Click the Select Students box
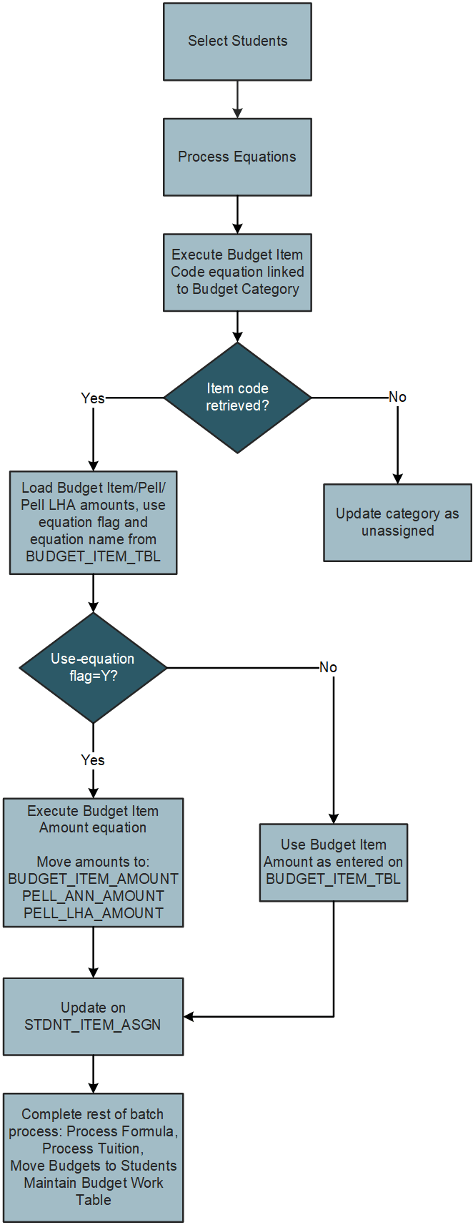(237, 41)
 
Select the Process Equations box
(237, 157)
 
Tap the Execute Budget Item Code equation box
(237, 272)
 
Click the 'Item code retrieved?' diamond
(237, 397)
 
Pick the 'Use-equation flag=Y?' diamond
(93, 667)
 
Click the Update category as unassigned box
(397, 522)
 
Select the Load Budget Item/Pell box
(93, 522)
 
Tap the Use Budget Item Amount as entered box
(333, 862)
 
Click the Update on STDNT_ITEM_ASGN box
(93, 1016)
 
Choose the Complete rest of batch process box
(93, 1156)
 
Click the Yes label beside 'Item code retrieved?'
(93, 398)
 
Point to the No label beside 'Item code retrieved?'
(397, 397)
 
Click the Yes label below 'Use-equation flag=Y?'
(93, 760)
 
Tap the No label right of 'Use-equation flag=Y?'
(328, 667)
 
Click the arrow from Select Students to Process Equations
(237, 99)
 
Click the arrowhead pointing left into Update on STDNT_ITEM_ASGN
(189, 1016)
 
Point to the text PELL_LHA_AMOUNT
(93, 913)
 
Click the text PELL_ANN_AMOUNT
(93, 896)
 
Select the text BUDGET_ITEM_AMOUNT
(93, 879)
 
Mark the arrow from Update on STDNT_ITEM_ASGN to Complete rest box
(93, 1074)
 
